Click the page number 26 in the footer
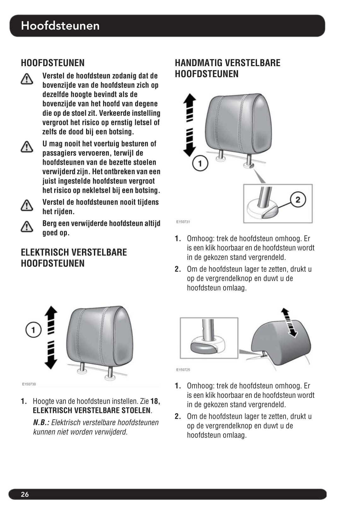(x=25, y=494)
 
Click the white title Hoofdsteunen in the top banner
(x=60, y=26)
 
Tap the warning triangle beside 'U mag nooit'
(x=27, y=146)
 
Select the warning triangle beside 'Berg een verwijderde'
(x=27, y=226)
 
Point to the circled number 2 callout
(x=298, y=200)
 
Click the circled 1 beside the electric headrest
(x=33, y=329)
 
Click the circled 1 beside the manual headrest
(x=200, y=163)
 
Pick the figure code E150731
(x=183, y=222)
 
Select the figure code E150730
(x=29, y=384)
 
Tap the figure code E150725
(x=183, y=369)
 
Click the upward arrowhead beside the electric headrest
(x=51, y=311)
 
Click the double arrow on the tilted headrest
(x=289, y=322)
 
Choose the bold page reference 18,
(x=155, y=401)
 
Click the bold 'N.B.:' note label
(x=41, y=422)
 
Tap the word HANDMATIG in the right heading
(x=199, y=63)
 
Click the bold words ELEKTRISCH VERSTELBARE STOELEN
(x=92, y=410)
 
